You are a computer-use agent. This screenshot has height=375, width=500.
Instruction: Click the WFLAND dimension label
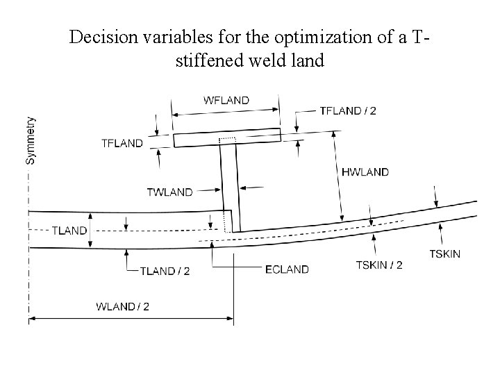(226, 100)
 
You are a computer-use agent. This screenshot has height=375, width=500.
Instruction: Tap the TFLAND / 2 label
(347, 111)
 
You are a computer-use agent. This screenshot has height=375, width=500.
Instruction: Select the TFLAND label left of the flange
(122, 143)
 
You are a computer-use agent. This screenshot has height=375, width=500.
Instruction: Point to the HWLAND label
(365, 172)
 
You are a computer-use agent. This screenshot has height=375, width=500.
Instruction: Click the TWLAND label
(169, 192)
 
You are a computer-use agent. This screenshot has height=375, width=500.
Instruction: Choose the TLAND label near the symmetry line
(69, 231)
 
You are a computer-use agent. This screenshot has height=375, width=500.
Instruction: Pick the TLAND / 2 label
(166, 271)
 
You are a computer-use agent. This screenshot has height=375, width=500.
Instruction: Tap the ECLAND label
(287, 269)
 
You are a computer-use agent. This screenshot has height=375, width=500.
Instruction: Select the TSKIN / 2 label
(379, 265)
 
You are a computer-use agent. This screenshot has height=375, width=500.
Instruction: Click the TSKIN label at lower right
(444, 254)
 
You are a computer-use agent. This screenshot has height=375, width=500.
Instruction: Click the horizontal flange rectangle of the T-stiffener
(226, 138)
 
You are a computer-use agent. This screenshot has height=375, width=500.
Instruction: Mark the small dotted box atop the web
(227, 141)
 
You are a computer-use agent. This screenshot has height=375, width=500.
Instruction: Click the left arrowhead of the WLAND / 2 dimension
(32, 319)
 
